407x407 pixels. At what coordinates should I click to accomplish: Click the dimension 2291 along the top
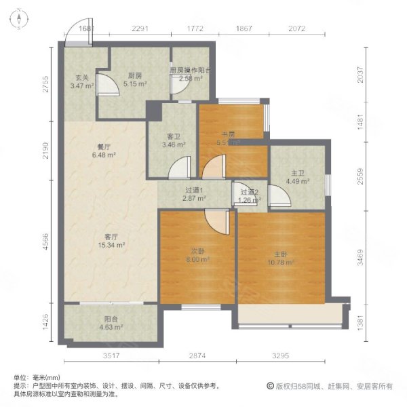tap(140, 28)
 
